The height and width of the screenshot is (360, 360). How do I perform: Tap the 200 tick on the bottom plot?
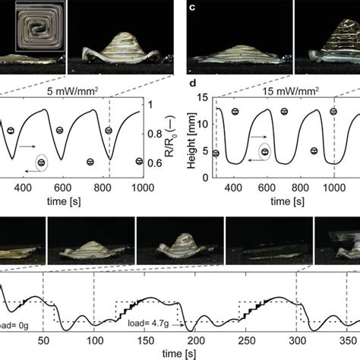pyautogui.click(x=146, y=343)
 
